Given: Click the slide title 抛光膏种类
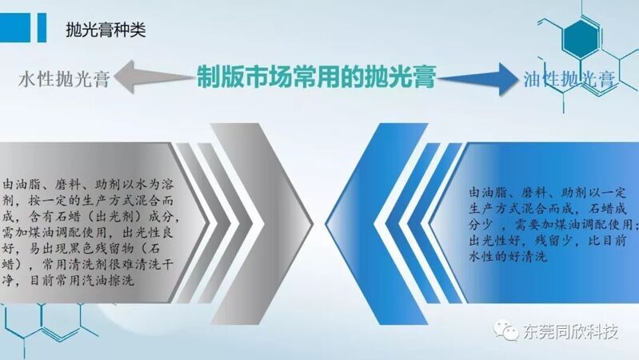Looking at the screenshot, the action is pos(106,30).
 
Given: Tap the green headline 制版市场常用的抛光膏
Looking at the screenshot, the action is pos(316,76).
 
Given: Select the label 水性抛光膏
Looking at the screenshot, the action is pos(64,78).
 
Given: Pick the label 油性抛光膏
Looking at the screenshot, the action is pos(569,78).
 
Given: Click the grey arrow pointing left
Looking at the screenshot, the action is pos(154,77).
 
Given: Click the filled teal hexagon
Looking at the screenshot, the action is pos(581,38).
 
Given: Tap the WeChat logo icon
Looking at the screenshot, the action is pos(505,330).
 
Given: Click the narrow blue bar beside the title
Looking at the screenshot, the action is pos(42,27).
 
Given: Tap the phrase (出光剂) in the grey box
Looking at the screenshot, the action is pos(114,217).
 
